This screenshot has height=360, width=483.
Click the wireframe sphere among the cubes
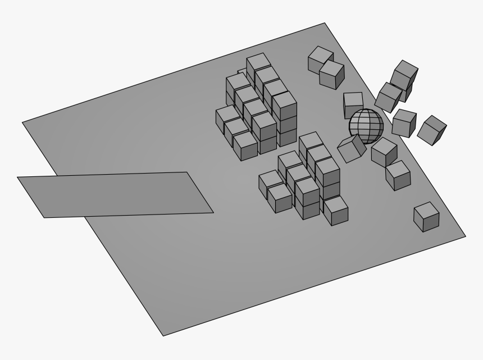pyautogui.click(x=366, y=126)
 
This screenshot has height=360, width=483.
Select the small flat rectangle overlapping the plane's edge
pyautogui.click(x=115, y=194)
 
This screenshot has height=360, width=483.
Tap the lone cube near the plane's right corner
pyautogui.click(x=426, y=217)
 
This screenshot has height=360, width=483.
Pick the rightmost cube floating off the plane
pyautogui.click(x=432, y=129)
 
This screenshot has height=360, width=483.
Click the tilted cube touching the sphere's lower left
pyautogui.click(x=352, y=149)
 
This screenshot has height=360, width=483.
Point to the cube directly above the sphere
pyautogui.click(x=353, y=104)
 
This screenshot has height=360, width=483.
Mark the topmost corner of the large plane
pyautogui.click(x=325, y=24)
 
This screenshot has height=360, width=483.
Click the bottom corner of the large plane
pyautogui.click(x=163, y=336)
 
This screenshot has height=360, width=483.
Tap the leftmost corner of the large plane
pyautogui.click(x=22, y=122)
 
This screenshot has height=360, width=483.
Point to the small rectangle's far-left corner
pyautogui.click(x=18, y=177)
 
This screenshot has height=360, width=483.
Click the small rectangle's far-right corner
pyautogui.click(x=213, y=213)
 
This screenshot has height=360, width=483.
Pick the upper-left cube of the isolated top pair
pyautogui.click(x=320, y=58)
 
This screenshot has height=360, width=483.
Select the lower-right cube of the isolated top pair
pyautogui.click(x=332, y=75)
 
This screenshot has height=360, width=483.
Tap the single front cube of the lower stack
pyautogui.click(x=335, y=210)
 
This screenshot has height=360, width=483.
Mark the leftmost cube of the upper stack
pyautogui.click(x=227, y=119)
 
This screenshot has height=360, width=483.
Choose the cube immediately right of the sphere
pyautogui.click(x=404, y=123)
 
